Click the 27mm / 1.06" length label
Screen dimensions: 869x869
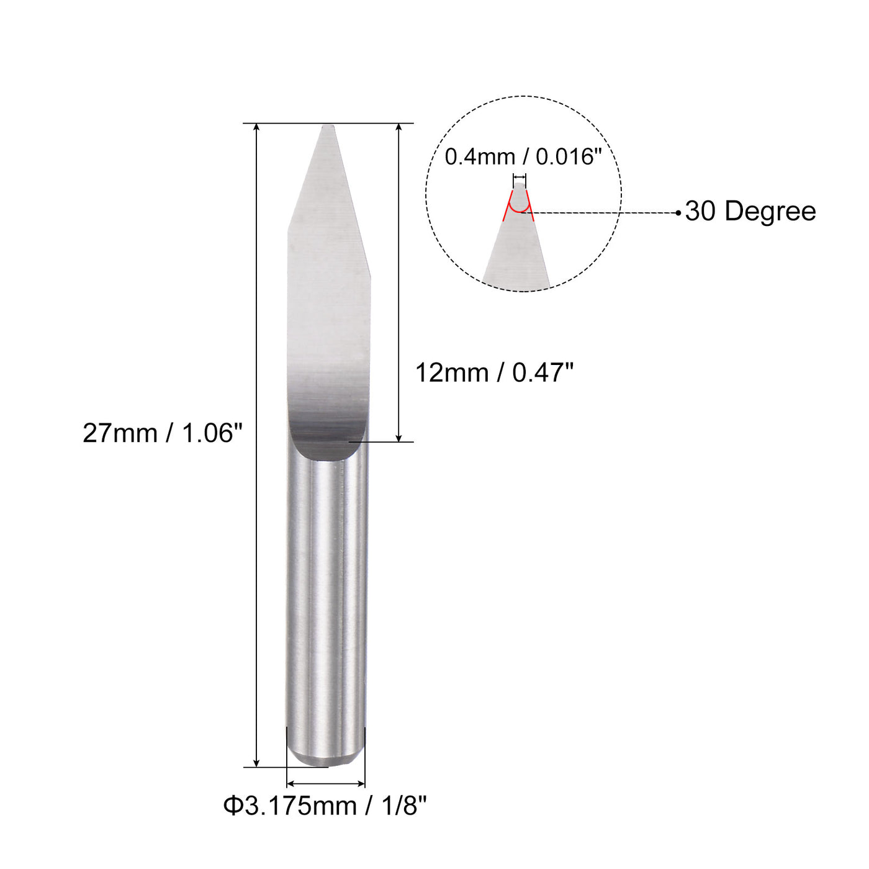coord(162,433)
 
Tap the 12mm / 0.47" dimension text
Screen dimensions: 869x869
coord(494,373)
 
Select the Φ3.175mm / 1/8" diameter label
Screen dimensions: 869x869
coord(325,806)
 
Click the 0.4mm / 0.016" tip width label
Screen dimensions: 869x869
coord(523,156)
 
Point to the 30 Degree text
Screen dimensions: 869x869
coord(750,212)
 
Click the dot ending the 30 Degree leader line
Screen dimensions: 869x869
coord(678,213)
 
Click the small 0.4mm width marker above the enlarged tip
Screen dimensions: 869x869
coord(520,177)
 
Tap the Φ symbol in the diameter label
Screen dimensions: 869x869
coord(232,806)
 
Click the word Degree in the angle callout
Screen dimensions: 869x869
coord(770,212)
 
